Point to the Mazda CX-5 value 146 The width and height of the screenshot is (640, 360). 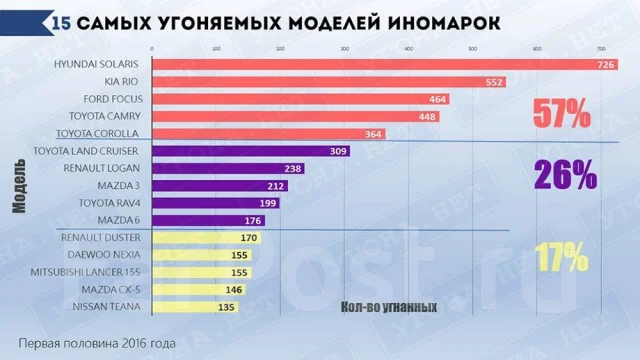(x=234, y=290)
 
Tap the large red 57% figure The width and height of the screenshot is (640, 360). (x=560, y=115)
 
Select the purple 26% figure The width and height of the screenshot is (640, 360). (x=565, y=176)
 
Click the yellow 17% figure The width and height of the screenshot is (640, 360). (x=560, y=258)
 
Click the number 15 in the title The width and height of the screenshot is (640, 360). (x=60, y=19)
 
